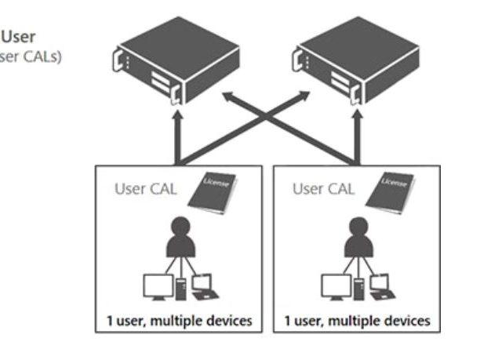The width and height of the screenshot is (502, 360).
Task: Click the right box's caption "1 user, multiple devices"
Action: click(x=357, y=321)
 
